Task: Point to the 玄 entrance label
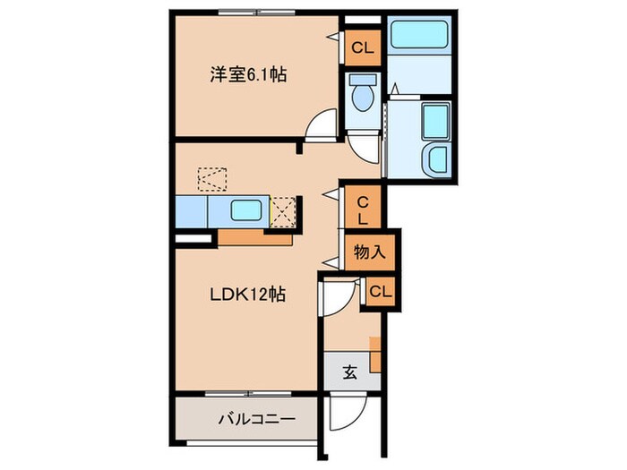[350, 372]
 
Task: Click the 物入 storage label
[369, 252]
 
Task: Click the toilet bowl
[363, 96]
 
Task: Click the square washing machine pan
[436, 120]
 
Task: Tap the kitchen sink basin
[245, 212]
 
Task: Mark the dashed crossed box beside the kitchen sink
[283, 211]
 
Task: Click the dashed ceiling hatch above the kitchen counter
[213, 176]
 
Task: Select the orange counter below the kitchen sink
[254, 238]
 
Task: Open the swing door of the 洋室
[320, 130]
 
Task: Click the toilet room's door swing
[363, 143]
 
